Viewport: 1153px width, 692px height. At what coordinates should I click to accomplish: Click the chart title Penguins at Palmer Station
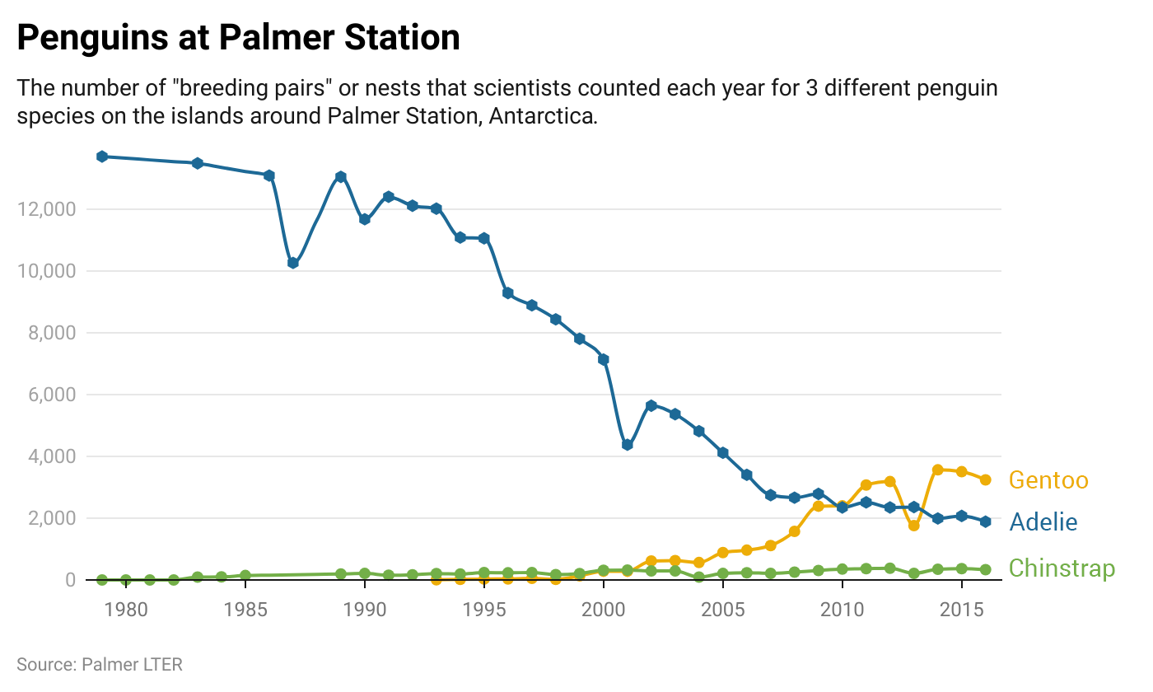tap(238, 39)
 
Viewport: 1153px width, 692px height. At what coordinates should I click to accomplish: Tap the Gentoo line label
tap(1048, 480)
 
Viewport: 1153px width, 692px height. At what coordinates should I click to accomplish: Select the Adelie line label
tap(1043, 521)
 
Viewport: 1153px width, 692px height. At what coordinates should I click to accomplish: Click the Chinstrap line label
tap(1062, 568)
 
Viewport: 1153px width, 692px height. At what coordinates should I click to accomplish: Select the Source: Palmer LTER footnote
tap(100, 664)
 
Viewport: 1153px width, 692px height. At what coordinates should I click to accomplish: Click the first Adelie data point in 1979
tap(102, 157)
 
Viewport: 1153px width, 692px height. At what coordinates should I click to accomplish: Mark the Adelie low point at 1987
tap(292, 263)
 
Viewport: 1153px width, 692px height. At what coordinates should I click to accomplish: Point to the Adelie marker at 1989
tap(340, 177)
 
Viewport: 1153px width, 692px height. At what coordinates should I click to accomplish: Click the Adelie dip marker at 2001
tap(627, 445)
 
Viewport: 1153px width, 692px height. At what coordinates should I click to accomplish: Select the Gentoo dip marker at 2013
tap(913, 526)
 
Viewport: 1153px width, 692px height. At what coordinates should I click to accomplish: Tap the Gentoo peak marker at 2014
tap(937, 470)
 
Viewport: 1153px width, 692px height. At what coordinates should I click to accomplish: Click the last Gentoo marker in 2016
tap(985, 479)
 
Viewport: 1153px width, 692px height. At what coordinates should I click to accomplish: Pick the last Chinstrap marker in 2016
tap(985, 570)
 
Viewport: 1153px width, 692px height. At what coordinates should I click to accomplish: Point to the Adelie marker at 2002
tap(651, 405)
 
